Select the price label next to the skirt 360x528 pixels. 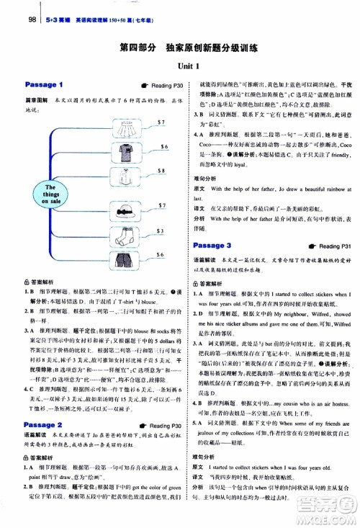pos(163,102)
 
